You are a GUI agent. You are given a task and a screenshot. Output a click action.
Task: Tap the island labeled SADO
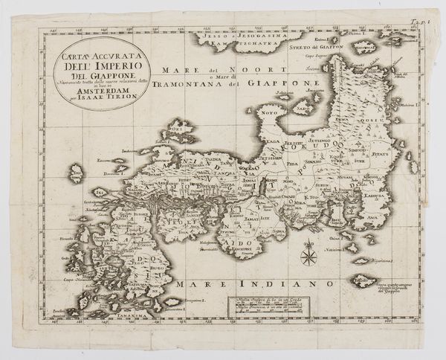point(303,106)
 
